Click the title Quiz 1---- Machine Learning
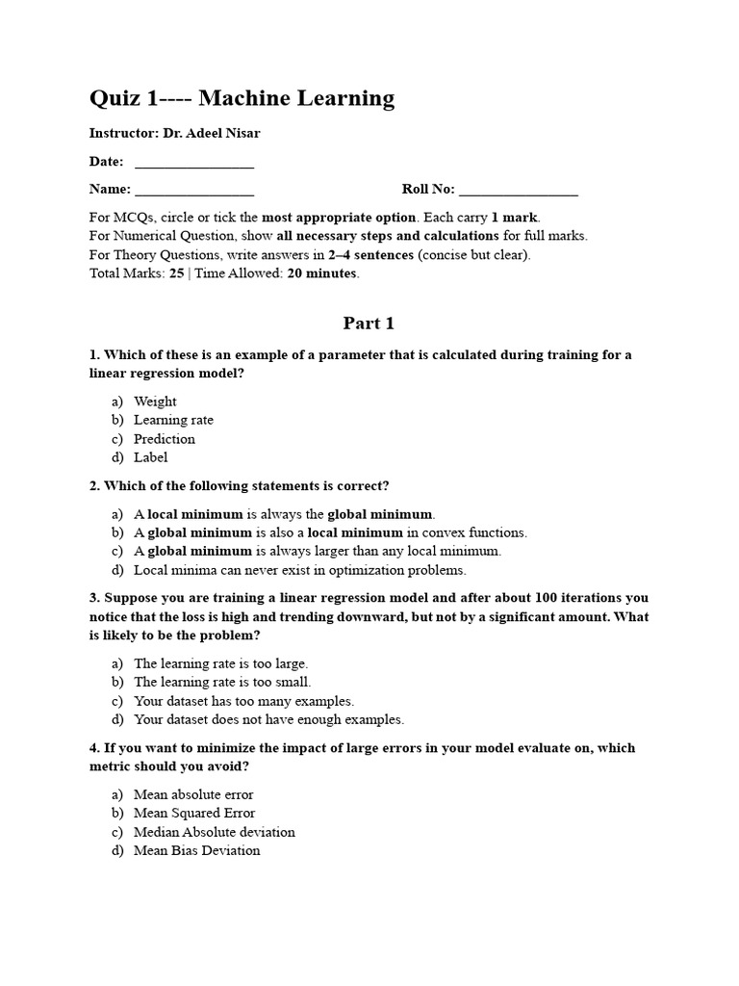tap(242, 98)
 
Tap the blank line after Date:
tap(194, 164)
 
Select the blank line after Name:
tap(194, 191)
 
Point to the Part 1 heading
tap(369, 324)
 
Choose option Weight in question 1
tap(155, 402)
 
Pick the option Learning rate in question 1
tap(173, 420)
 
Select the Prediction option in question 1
tap(165, 439)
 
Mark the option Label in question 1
tap(150, 457)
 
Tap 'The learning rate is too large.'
tap(220, 663)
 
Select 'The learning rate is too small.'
tap(222, 682)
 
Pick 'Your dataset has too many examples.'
tap(243, 701)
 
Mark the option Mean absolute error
tap(193, 794)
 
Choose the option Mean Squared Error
tap(194, 813)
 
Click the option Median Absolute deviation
tap(214, 832)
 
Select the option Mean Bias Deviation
tap(196, 850)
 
